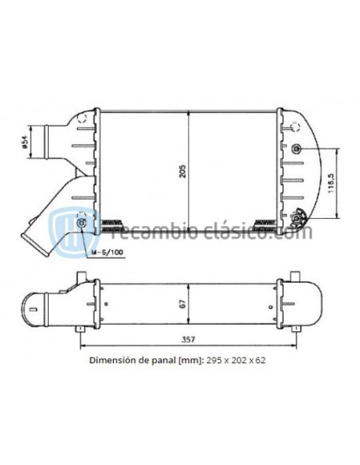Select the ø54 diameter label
[x=25, y=142]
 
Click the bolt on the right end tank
[x=297, y=150]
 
